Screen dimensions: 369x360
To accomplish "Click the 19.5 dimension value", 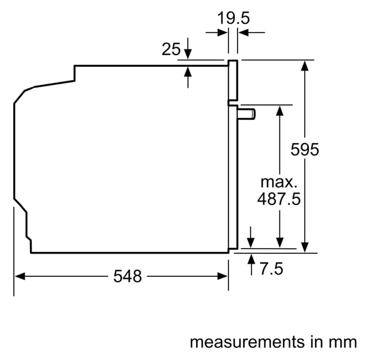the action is pos(233,18).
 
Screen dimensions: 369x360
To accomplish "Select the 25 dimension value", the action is pos(171,49).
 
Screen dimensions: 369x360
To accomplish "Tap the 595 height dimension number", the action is pos(305,149).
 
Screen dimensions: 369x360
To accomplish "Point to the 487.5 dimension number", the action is pos(279,199).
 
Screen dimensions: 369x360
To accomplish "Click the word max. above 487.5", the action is pos(279,182).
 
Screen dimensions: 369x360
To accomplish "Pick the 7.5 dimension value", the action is pos(271,269).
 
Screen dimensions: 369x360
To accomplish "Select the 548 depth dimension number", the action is pos(127,276).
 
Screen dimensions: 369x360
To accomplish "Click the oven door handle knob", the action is pos(247,114).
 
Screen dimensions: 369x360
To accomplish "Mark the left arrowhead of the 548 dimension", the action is pos(20,276).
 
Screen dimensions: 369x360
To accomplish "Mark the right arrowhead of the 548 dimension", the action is pos(223,276).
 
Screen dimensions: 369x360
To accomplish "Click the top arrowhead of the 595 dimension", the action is pos(305,65).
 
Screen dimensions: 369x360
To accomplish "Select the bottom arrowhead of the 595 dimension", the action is pos(305,247).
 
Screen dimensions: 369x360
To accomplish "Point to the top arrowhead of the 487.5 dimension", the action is pos(279,110).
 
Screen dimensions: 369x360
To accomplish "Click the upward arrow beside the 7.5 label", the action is pos(251,265).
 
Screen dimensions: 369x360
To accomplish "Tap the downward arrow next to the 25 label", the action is pos(188,48).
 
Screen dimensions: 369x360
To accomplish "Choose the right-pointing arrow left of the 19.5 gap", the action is pos(216,33).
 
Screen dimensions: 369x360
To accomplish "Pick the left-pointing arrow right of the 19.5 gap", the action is pos(251,33).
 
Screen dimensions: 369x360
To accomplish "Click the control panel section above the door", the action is pos(233,80).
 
